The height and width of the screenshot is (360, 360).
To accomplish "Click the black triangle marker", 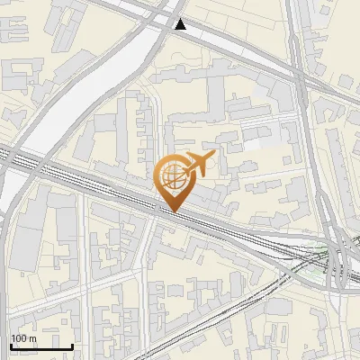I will pos(182,24).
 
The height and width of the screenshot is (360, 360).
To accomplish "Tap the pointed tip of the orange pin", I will pos(172,211).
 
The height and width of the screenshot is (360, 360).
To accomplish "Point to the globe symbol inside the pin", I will pos(171,175).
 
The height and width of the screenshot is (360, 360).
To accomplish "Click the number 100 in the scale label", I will pos(20,338).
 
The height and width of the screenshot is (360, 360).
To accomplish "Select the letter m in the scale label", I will pos(32,338).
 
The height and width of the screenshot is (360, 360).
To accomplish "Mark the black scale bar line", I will pos(40,346).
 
